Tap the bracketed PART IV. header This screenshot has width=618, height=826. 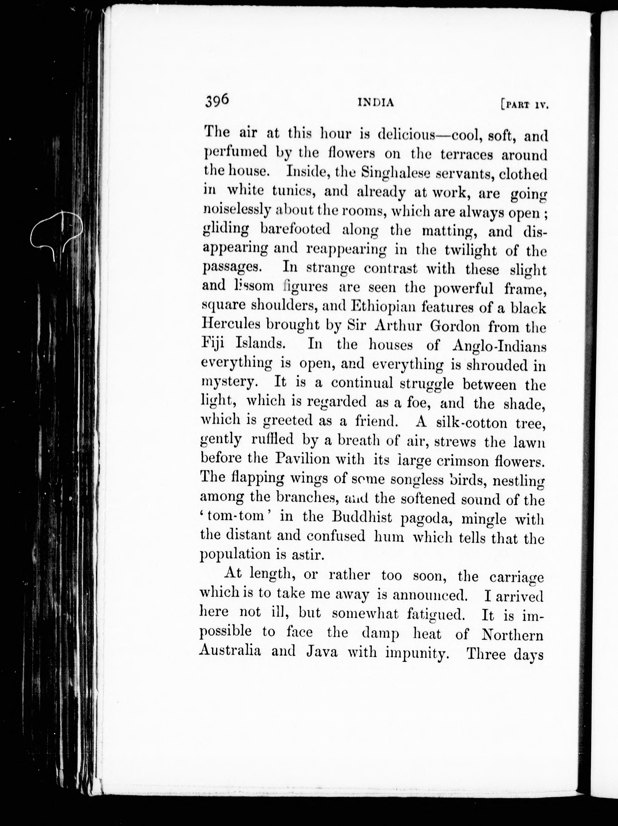524,105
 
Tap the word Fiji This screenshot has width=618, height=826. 215,343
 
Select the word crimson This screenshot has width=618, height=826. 460,461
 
